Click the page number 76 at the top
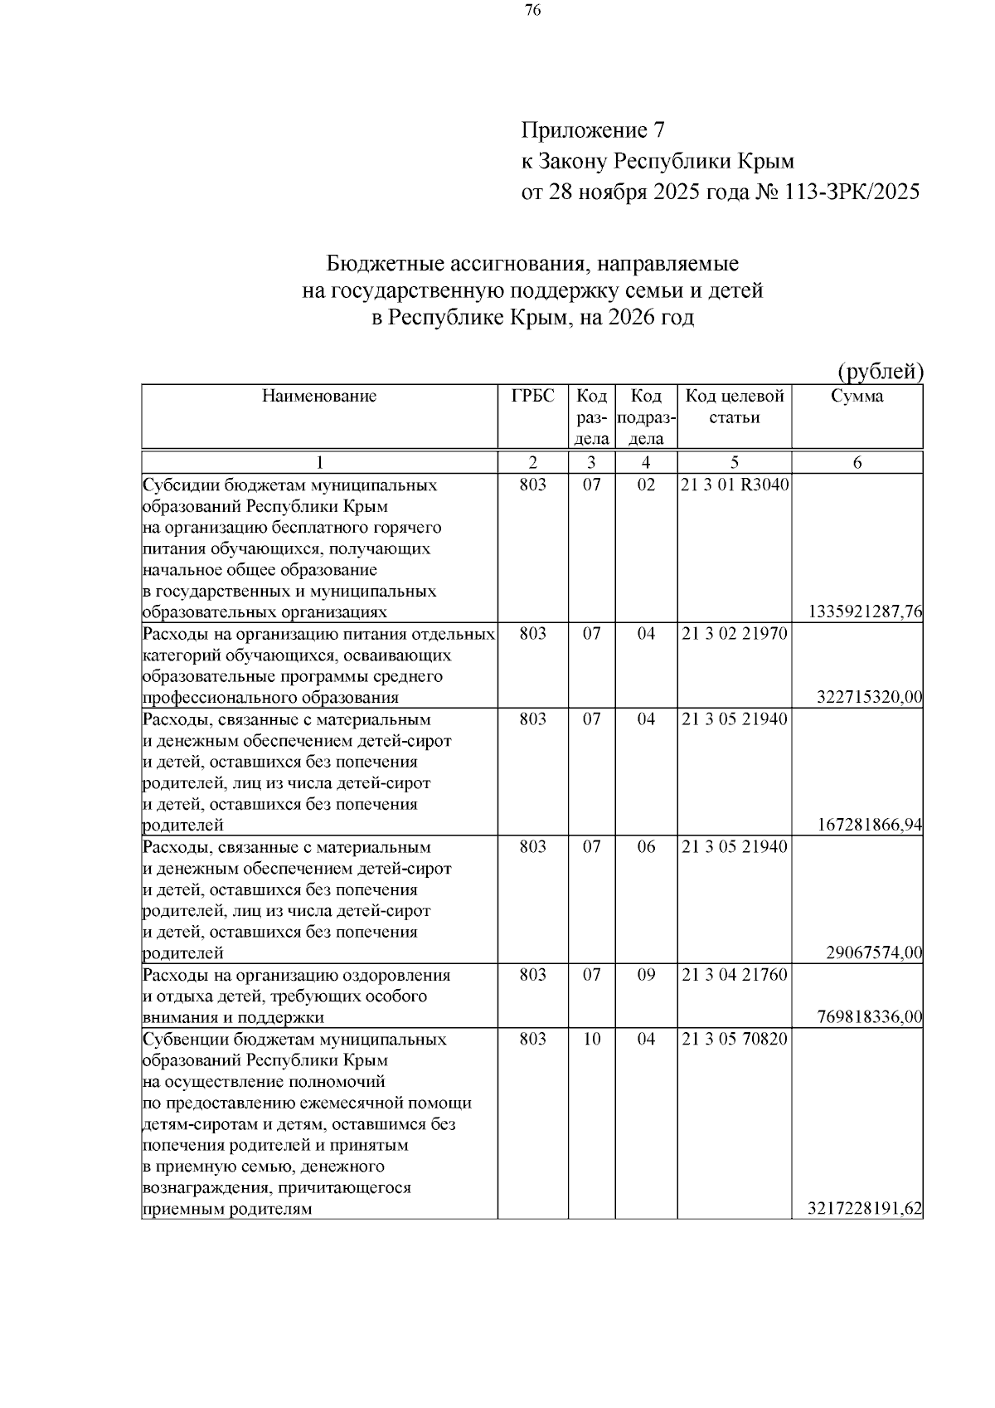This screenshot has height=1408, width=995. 533,11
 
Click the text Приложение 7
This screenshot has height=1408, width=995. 593,130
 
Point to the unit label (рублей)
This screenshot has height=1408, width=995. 880,372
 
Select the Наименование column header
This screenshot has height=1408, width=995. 319,397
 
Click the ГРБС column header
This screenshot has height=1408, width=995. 532,397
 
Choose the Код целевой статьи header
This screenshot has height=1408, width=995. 734,407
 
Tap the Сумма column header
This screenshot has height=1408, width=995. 857,397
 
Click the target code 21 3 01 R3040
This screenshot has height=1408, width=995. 735,485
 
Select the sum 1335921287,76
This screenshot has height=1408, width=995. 865,612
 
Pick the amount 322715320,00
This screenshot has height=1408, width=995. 869,697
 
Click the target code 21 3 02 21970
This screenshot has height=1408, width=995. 735,634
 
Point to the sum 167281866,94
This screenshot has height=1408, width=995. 869,825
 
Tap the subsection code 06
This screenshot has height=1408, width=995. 646,847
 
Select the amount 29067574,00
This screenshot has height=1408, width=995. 874,952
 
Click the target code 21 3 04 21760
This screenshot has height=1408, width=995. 735,975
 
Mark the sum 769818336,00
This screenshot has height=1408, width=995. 869,1017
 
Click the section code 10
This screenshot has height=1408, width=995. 591,1039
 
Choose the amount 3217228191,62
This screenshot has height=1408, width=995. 865,1209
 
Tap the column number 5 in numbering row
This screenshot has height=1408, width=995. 735,463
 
